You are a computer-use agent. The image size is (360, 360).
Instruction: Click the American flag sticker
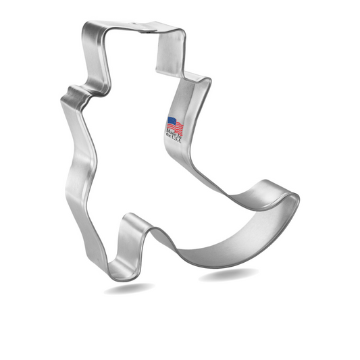pyautogui.click(x=174, y=125)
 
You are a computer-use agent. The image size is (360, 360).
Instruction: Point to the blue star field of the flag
pyautogui.click(x=170, y=122)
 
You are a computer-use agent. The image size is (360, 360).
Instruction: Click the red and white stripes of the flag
pyautogui.click(x=178, y=126)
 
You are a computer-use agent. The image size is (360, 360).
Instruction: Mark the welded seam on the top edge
pyautogui.click(x=143, y=28)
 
